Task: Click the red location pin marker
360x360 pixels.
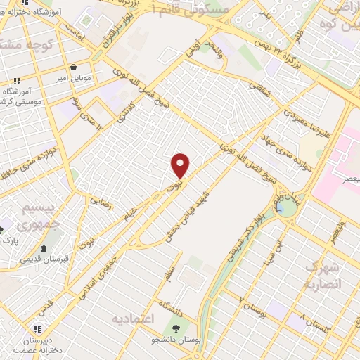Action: [x=181, y=165]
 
